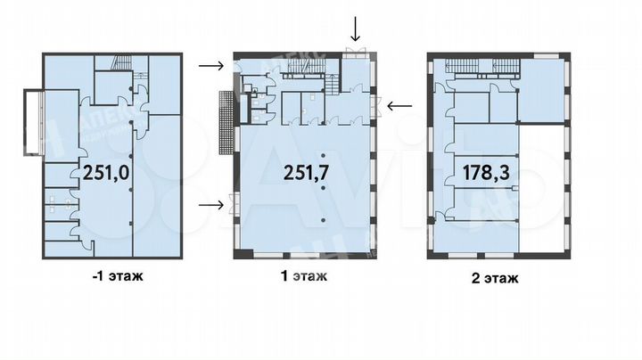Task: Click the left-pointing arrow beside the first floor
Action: [399, 105]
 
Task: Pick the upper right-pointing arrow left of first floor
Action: [210, 65]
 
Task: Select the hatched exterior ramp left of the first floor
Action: [224, 124]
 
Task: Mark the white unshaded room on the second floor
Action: [542, 187]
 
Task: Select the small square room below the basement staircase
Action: [113, 87]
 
